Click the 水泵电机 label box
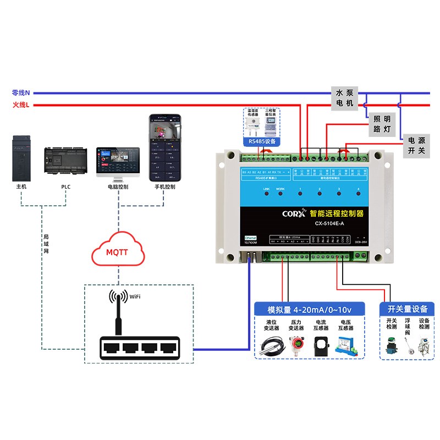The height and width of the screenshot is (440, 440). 345,98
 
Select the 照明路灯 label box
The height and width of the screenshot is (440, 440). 382,124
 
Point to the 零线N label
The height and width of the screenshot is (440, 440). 21,93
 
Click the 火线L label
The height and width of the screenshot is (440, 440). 21,105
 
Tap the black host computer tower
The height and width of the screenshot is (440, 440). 21,158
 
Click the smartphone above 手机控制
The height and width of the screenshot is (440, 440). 164,148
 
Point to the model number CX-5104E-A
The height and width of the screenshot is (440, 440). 329,223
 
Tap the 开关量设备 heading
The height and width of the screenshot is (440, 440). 407,309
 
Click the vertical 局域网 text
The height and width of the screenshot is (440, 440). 46,244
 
